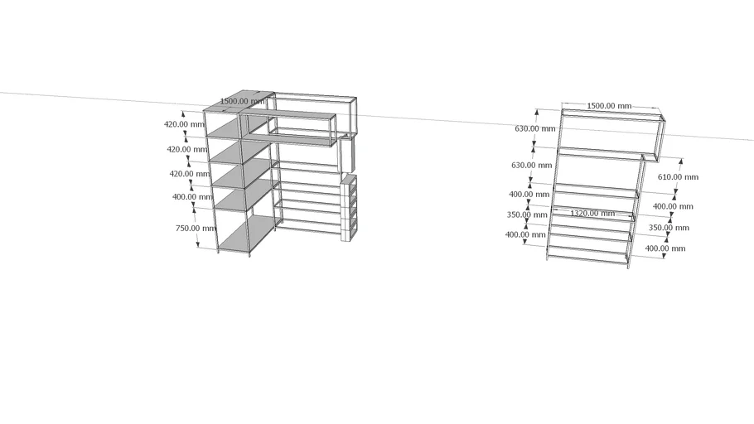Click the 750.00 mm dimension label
tap(196, 228)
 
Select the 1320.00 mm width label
tap(592, 213)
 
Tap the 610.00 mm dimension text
tap(678, 177)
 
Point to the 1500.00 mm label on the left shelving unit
tap(242, 101)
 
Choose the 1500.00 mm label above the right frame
tap(609, 106)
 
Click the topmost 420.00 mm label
tap(184, 124)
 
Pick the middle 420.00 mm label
tap(187, 149)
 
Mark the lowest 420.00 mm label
tap(190, 174)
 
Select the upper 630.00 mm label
tap(534, 128)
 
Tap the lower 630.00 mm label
tap(531, 165)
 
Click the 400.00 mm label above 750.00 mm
tap(192, 196)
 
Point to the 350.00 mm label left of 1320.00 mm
tap(527, 214)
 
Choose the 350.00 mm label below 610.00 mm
tap(669, 228)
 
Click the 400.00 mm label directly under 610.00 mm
tap(673, 206)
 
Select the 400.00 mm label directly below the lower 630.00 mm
tap(529, 195)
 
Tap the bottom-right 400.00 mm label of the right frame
tap(665, 248)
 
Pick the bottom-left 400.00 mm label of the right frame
tap(525, 234)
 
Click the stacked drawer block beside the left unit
tap(349, 208)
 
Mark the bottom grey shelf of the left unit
tap(250, 234)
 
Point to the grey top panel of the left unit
tap(239, 101)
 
